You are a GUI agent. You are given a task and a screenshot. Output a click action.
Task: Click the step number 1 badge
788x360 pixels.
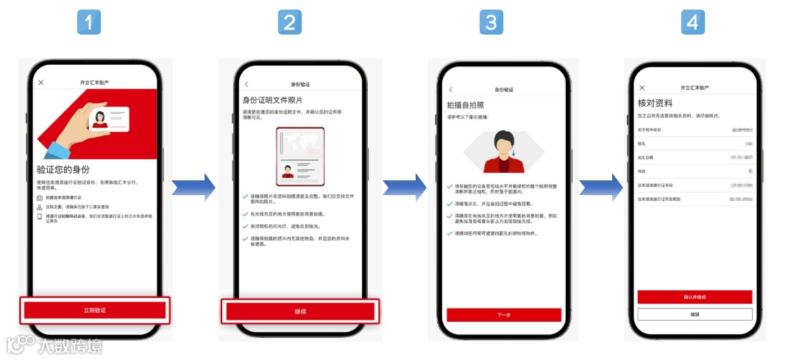tap(89, 23)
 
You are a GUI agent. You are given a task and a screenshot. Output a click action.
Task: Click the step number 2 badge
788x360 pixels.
tap(290, 23)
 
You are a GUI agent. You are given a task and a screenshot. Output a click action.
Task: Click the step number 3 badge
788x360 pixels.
tap(491, 23)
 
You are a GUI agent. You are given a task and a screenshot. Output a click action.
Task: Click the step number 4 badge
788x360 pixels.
tap(692, 23)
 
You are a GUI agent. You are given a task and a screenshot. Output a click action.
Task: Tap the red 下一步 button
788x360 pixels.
tap(503, 315)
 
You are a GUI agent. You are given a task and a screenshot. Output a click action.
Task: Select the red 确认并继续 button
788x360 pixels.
tap(695, 297)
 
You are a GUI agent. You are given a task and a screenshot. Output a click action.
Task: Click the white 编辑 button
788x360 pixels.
tap(695, 314)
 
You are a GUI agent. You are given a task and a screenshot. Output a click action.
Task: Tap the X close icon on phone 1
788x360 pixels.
tap(41, 82)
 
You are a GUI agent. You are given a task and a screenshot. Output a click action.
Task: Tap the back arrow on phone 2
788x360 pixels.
tap(246, 85)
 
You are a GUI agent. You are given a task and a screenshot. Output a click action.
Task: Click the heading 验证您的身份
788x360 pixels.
tap(68, 169)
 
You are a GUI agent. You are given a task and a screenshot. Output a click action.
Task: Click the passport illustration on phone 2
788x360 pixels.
tap(299, 157)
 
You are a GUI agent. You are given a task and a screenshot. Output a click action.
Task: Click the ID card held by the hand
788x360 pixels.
tap(109, 119)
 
